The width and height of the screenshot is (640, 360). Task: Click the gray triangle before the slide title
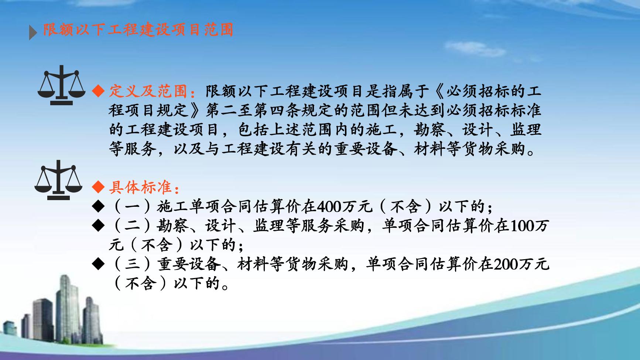tap(33, 33)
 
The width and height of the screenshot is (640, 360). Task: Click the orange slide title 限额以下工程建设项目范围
tap(138, 30)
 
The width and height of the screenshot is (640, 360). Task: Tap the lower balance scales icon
tap(58, 180)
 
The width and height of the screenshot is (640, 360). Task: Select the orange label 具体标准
tap(141, 188)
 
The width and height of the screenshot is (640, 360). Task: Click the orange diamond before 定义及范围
tap(98, 91)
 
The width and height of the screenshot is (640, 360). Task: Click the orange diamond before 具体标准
tap(98, 188)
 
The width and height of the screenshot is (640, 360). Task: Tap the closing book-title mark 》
tap(198, 110)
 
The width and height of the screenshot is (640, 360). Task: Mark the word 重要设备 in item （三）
tap(189, 264)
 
